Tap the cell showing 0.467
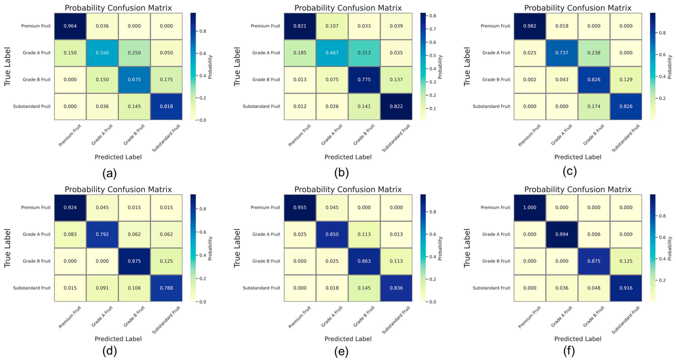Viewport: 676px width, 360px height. tap(332, 53)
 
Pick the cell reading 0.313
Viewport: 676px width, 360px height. tap(364, 53)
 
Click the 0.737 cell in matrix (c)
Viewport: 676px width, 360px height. tap(562, 53)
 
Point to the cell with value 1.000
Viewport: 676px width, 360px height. tap(530, 207)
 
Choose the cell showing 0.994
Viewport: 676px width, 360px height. tap(562, 234)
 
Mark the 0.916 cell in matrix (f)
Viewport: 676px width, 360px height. tap(626, 288)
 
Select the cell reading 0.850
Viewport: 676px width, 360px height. tap(332, 234)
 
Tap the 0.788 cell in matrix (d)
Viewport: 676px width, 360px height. tap(166, 288)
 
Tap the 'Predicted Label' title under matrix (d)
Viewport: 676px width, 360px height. tap(118, 339)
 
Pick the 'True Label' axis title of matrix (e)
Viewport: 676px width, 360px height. tap(237, 248)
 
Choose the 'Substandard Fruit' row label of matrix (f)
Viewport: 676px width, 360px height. tap(491, 288)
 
